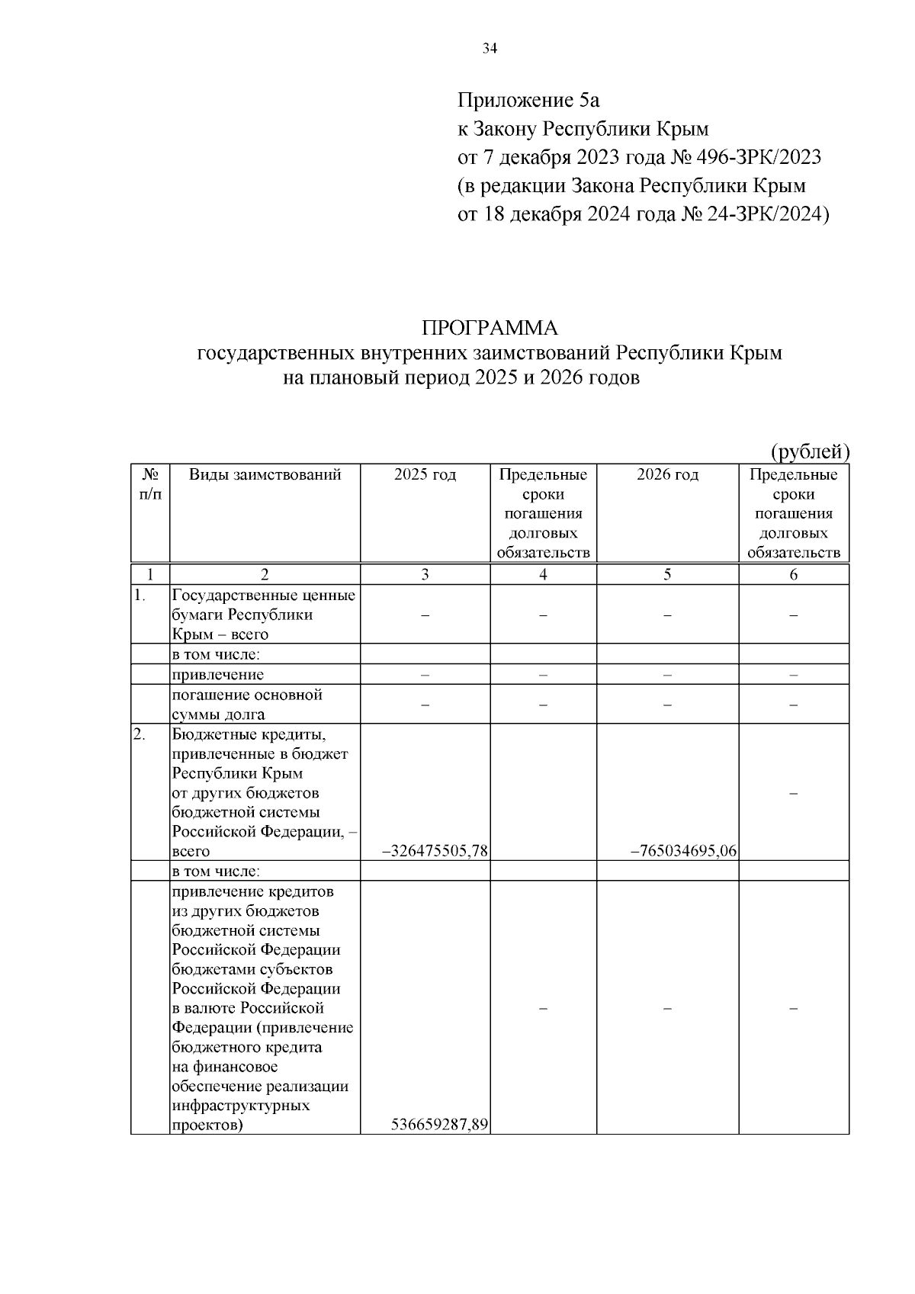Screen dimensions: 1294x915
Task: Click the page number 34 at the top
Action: (x=490, y=50)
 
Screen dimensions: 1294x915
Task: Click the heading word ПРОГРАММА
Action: (x=490, y=328)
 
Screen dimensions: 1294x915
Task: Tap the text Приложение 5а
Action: (x=528, y=100)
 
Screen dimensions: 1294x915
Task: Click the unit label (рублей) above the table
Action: (x=810, y=451)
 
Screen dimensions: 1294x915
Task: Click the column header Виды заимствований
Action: (x=265, y=475)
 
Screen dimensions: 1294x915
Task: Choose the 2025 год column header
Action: (x=425, y=475)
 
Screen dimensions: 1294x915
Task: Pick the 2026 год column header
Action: (x=667, y=475)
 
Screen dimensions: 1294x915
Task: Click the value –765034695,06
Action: (x=683, y=851)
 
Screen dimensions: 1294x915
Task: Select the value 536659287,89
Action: (x=439, y=1124)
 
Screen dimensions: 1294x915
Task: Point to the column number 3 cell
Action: (x=425, y=575)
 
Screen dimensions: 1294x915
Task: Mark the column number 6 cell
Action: (x=793, y=575)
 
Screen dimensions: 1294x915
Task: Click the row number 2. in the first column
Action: (x=140, y=734)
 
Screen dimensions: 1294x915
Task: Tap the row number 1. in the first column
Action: (x=140, y=596)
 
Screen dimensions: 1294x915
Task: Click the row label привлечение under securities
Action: (x=217, y=675)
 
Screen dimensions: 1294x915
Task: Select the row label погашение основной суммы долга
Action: (x=247, y=705)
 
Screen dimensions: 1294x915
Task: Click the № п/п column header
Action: (x=150, y=484)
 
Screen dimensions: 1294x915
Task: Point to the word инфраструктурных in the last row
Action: (x=241, y=1105)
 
